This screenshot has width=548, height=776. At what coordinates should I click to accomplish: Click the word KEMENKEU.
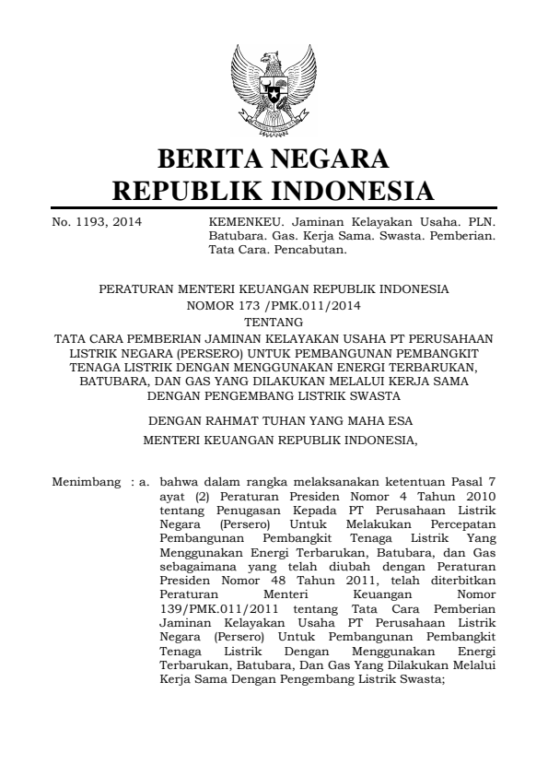(239, 222)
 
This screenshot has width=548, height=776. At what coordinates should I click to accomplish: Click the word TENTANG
(274, 322)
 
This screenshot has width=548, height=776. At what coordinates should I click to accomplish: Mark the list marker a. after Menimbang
(144, 481)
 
